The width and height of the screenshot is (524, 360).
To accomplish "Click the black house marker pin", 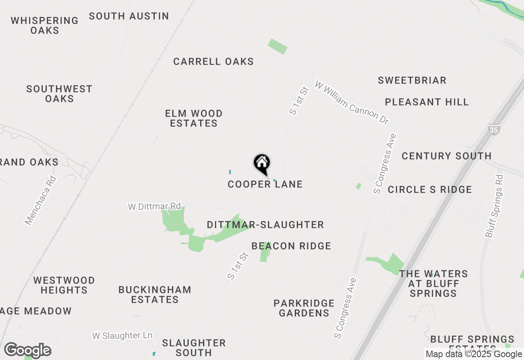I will point(262,164).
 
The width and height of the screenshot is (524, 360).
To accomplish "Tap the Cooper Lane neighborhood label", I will point(265,184).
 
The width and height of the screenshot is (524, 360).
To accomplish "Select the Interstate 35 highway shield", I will point(493,130).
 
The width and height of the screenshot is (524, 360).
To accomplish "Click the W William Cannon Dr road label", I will point(352,103).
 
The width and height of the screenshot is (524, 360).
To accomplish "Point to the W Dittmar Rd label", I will point(154,206).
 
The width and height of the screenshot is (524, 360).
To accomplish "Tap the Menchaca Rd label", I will point(40,201).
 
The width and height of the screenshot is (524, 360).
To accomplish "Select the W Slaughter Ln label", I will point(122,335).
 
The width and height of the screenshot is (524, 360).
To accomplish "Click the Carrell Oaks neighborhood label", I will point(213,62).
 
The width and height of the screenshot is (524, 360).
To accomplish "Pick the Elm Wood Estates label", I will point(194,118).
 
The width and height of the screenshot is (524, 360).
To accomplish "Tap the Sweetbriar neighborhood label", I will point(412,80).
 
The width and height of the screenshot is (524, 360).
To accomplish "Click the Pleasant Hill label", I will point(427,102).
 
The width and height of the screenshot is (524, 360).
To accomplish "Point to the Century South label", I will point(446,156).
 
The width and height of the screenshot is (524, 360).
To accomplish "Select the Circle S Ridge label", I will point(430,189).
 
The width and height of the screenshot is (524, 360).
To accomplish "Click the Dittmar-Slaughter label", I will point(265,225).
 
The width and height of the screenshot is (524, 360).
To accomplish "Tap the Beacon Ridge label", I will point(291,246).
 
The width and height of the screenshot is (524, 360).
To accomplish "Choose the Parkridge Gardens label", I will point(304,308).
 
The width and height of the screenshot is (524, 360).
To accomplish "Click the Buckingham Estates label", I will point(155,295).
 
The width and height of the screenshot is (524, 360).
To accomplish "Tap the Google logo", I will point(28,351).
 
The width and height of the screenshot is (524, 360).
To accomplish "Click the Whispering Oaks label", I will point(45,25).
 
